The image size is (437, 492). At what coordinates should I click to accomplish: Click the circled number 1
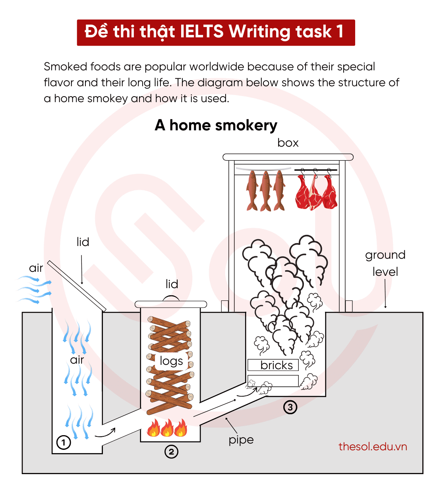pyautogui.click(x=64, y=442)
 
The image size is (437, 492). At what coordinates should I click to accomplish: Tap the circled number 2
pyautogui.click(x=171, y=451)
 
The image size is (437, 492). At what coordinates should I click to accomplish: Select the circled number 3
pyautogui.click(x=290, y=407)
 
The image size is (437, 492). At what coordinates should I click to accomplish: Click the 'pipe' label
pyautogui.click(x=241, y=440)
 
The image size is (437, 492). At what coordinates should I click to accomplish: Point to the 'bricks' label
pyautogui.click(x=277, y=365)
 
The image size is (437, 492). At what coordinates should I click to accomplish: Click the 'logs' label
pyautogui.click(x=171, y=361)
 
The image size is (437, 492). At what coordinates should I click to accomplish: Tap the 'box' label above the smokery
pyautogui.click(x=288, y=143)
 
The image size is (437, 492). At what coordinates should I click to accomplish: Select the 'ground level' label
pyautogui.click(x=385, y=263)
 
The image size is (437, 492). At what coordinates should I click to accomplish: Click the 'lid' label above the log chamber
pyautogui.click(x=172, y=284)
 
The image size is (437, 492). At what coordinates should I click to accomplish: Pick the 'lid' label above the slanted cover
pyautogui.click(x=83, y=242)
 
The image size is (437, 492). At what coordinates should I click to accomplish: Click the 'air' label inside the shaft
pyautogui.click(x=77, y=360)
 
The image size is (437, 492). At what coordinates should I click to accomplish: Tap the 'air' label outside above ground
pyautogui.click(x=36, y=268)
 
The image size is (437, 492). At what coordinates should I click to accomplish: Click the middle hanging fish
pyautogui.click(x=266, y=190)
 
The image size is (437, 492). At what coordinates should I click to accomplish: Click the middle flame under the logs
pyautogui.click(x=167, y=428)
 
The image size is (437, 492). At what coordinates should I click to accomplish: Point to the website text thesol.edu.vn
pyautogui.click(x=373, y=446)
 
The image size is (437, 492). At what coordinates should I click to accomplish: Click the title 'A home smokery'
pyautogui.click(x=216, y=125)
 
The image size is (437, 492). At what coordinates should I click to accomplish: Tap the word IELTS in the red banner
pyautogui.click(x=202, y=32)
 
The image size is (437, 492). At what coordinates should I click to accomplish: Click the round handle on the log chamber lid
pyautogui.click(x=171, y=298)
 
